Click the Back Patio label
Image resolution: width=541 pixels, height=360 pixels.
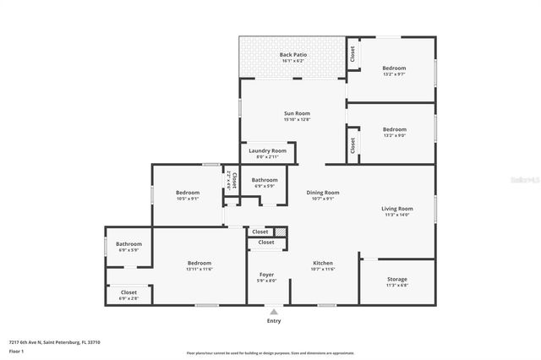(293, 55)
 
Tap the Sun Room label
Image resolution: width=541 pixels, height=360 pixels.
(293, 113)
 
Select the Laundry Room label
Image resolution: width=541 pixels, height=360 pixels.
(266, 150)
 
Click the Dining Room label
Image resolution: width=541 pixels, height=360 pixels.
(322, 193)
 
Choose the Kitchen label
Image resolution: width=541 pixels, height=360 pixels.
(324, 263)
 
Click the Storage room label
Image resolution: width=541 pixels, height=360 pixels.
(396, 279)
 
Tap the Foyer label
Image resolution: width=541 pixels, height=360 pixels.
(266, 275)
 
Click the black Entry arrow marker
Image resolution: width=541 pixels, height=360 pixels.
(273, 312)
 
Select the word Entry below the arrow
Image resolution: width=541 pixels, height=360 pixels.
(273, 321)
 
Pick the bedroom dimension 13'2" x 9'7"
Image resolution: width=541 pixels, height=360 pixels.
(394, 74)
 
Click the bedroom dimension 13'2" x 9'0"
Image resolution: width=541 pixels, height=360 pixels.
(394, 135)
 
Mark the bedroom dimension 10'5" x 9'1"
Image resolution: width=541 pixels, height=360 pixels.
(187, 199)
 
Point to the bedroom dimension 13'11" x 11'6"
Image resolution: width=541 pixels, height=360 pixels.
(199, 269)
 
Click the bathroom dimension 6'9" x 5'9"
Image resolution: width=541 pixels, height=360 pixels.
(265, 186)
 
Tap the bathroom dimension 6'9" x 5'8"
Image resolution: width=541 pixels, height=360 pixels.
(128, 250)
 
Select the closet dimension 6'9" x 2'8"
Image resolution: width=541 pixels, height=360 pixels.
(128, 298)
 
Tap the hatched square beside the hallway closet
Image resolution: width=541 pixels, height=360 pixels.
(281, 232)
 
